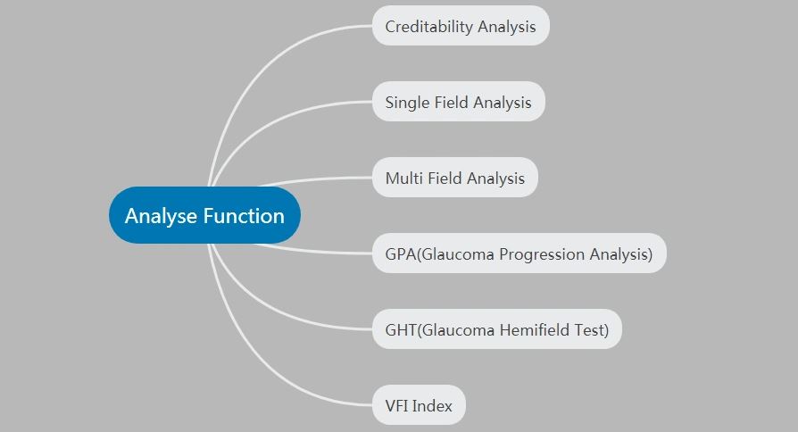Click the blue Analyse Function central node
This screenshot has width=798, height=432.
(204, 215)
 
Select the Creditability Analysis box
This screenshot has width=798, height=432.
(461, 26)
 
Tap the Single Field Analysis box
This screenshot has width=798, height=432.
(459, 102)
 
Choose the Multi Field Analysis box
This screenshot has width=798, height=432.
(455, 178)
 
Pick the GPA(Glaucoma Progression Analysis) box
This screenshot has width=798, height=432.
(520, 253)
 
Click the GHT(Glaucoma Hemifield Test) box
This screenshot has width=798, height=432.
(496, 329)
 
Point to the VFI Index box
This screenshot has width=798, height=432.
(419, 405)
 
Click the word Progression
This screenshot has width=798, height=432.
(542, 254)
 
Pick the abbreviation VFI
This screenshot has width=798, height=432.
(397, 405)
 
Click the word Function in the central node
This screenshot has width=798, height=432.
(244, 216)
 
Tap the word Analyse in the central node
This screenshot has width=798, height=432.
(161, 216)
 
